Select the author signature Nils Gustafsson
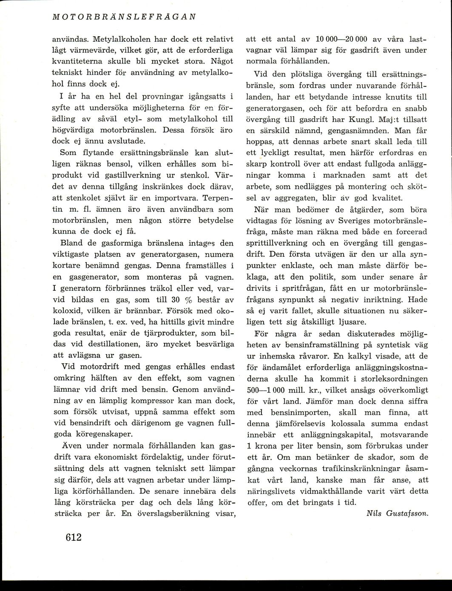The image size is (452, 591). pyautogui.click(x=397, y=513)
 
